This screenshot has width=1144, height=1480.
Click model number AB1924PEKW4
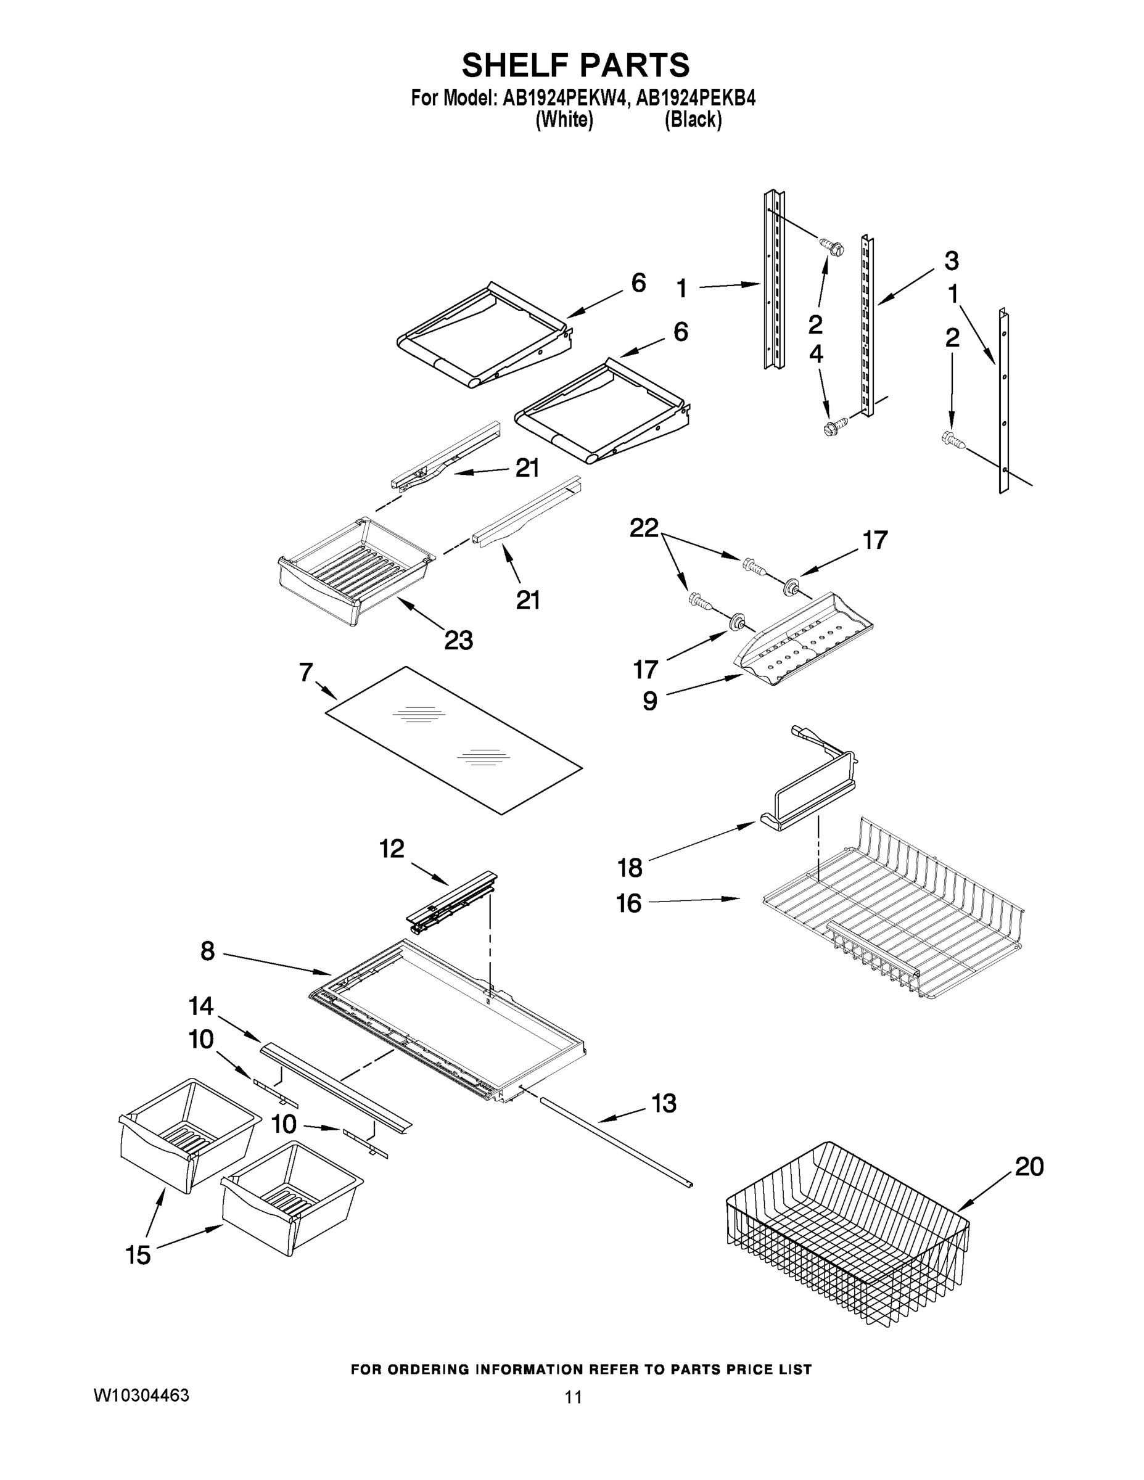point(560,98)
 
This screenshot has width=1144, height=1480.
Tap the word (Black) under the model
point(693,120)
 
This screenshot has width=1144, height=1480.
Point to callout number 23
point(458,639)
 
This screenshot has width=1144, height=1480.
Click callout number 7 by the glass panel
point(306,672)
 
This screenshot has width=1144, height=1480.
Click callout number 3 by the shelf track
point(951,260)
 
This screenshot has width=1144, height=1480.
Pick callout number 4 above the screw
point(816,354)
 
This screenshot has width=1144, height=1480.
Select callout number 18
point(630,868)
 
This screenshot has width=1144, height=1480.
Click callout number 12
point(392,848)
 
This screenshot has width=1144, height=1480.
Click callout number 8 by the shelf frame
point(207,952)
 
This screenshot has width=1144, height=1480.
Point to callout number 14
point(201,1006)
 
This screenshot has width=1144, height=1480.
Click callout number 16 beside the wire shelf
point(629,903)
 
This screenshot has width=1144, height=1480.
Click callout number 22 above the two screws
point(644,528)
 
